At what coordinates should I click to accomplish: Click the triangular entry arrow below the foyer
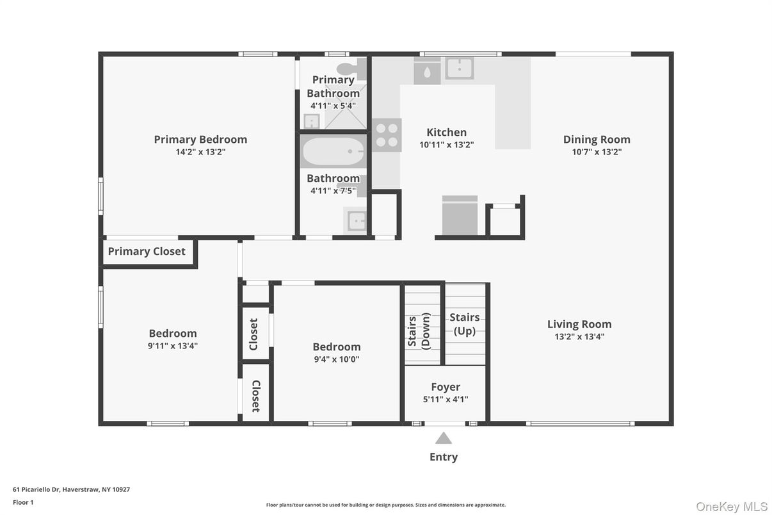pos(444,438)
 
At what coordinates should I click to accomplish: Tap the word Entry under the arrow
pos(444,457)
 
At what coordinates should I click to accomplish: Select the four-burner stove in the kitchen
pos(387,135)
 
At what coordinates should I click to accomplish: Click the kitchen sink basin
pos(460,67)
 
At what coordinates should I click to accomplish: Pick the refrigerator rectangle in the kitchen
pos(460,216)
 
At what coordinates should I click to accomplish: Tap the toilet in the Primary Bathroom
pos(348,68)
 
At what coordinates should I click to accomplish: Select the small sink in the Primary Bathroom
pos(311,121)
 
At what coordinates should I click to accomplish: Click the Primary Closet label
pos(147,252)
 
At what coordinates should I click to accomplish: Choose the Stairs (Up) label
pos(465,323)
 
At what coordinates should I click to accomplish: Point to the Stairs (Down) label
pos(419,331)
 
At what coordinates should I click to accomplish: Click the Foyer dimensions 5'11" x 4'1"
pos(446,399)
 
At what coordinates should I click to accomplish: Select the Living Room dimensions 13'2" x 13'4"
pos(579,336)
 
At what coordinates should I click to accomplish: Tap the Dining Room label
pos(597,139)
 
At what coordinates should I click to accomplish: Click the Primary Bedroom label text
pos(200,139)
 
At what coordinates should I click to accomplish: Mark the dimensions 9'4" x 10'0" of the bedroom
pos(336,359)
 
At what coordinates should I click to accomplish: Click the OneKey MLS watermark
pos(731,507)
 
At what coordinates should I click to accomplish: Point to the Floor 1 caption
pos(23,502)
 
